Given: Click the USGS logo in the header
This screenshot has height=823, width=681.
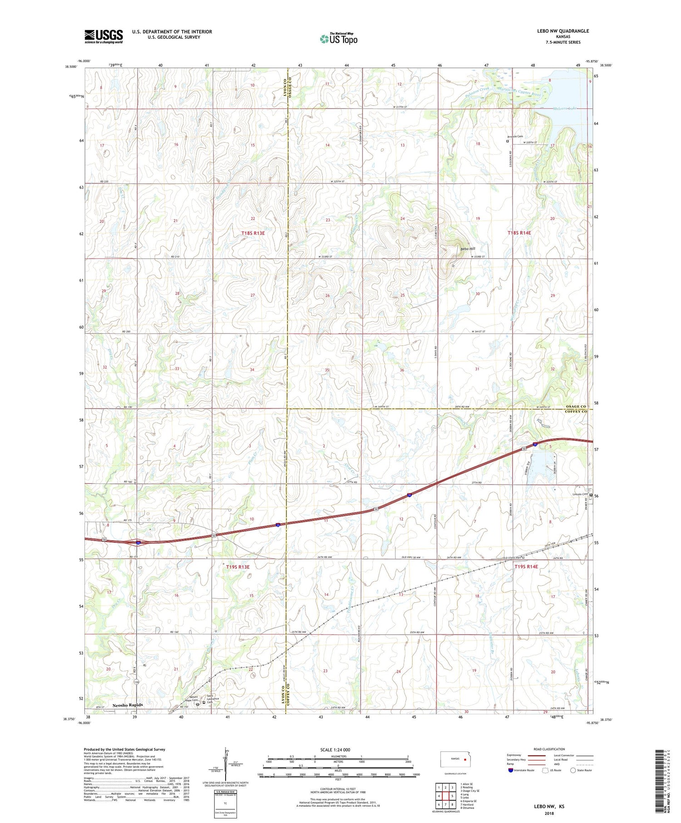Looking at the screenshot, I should (104, 36).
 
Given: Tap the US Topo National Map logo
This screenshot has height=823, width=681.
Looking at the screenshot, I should (338, 39).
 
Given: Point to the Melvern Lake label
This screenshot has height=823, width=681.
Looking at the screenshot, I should (567, 109).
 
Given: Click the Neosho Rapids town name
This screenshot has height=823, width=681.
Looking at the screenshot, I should (128, 705).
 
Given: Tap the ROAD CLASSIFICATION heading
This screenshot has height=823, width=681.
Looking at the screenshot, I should (549, 749).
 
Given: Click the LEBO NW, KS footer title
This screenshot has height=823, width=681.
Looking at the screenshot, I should (549, 807).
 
